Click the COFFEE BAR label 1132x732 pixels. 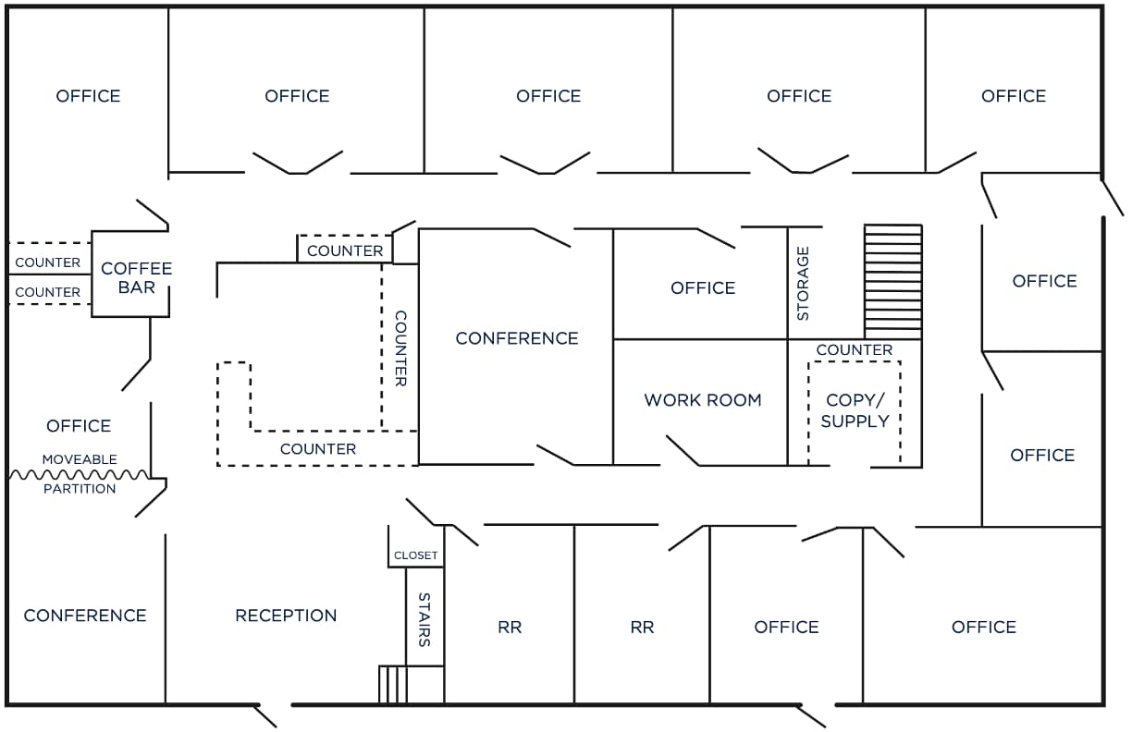point(136,277)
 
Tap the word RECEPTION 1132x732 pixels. point(286,616)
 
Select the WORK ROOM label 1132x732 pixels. point(703,400)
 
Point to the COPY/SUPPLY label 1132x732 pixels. point(855,410)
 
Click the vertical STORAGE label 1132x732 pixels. point(803,283)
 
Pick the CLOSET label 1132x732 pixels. point(415,555)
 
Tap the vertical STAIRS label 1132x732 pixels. point(424,619)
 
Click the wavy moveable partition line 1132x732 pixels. point(79,474)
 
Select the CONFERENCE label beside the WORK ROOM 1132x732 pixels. point(516,338)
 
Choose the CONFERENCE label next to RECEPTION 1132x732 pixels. point(85,616)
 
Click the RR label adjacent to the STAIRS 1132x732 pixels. point(510,628)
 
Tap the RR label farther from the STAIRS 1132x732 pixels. point(642,628)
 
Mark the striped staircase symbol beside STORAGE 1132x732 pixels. point(892,281)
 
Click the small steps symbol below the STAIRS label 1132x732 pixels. point(393,685)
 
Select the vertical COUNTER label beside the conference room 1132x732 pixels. point(400,348)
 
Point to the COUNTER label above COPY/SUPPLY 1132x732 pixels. point(854,350)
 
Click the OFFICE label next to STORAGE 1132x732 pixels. point(703,288)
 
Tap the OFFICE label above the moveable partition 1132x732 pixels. point(79,426)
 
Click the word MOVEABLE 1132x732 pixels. point(80,459)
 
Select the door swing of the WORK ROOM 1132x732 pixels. point(683,450)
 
